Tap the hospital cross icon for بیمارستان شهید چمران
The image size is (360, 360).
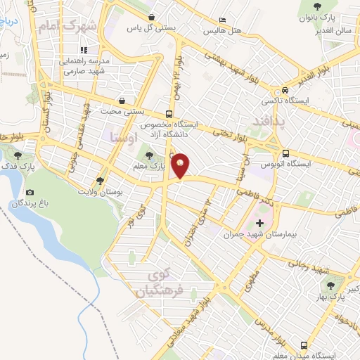tap(260, 223)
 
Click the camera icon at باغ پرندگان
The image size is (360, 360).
tap(30, 193)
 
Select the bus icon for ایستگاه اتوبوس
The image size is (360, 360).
tap(285, 153)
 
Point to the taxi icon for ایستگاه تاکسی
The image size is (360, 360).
tap(285, 91)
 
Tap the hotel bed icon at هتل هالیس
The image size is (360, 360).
tap(223, 20)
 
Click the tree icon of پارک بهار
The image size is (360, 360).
tap(330, 285)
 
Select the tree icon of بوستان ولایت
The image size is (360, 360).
tap(103, 181)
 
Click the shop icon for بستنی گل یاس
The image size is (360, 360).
tap(153, 18)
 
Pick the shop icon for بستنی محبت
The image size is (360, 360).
tap(123, 101)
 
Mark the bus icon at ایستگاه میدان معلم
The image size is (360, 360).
tap(304, 345)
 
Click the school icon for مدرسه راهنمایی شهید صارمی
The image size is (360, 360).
tap(84, 51)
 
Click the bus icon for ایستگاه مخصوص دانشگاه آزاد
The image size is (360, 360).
tap(167, 114)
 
